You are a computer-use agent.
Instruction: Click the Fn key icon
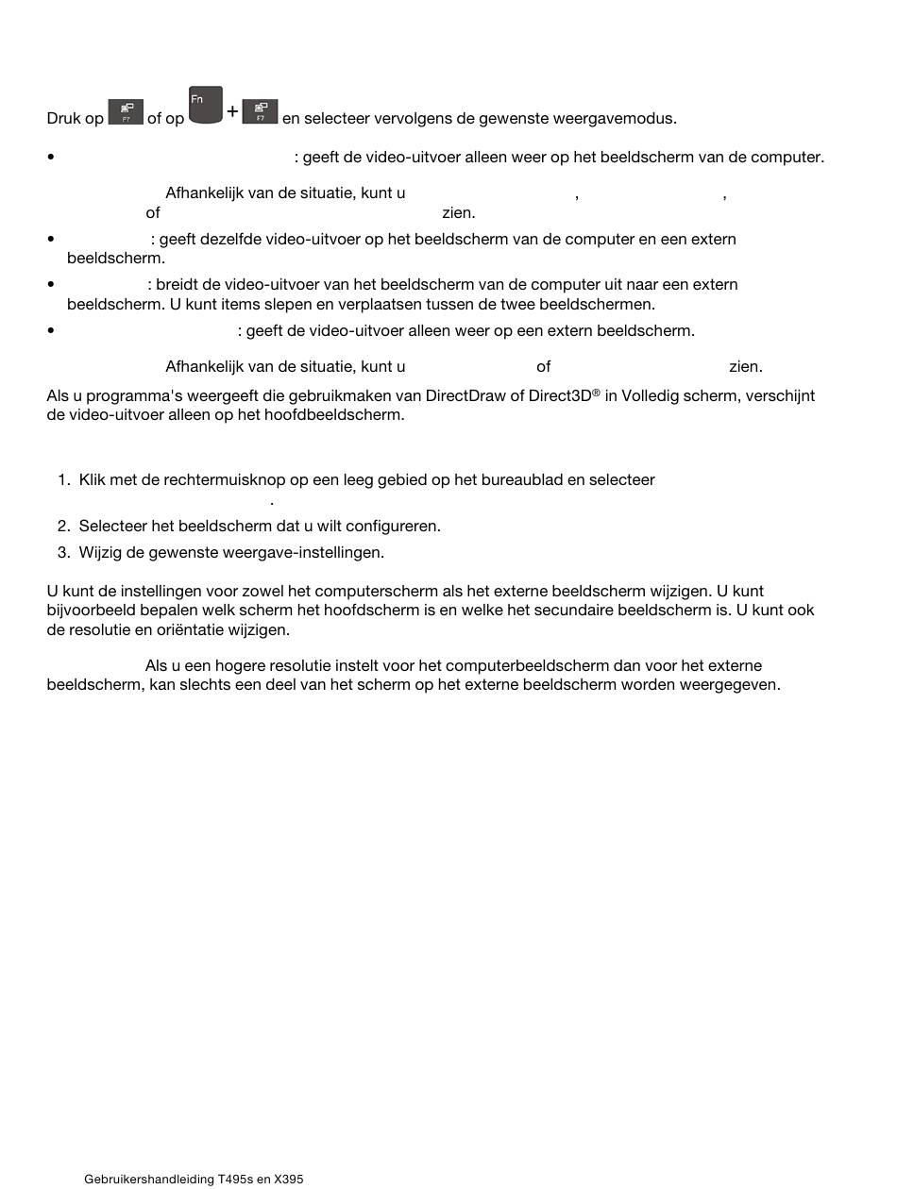(x=205, y=105)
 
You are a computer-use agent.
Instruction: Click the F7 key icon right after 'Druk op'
(x=126, y=112)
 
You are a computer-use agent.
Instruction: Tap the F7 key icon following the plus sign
(x=260, y=112)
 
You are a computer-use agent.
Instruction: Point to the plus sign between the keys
(x=232, y=111)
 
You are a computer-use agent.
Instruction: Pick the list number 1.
(x=63, y=480)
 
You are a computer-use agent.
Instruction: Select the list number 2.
(x=63, y=527)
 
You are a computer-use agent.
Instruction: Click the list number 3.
(x=63, y=553)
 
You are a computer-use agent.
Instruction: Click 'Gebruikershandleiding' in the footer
(x=148, y=1180)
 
